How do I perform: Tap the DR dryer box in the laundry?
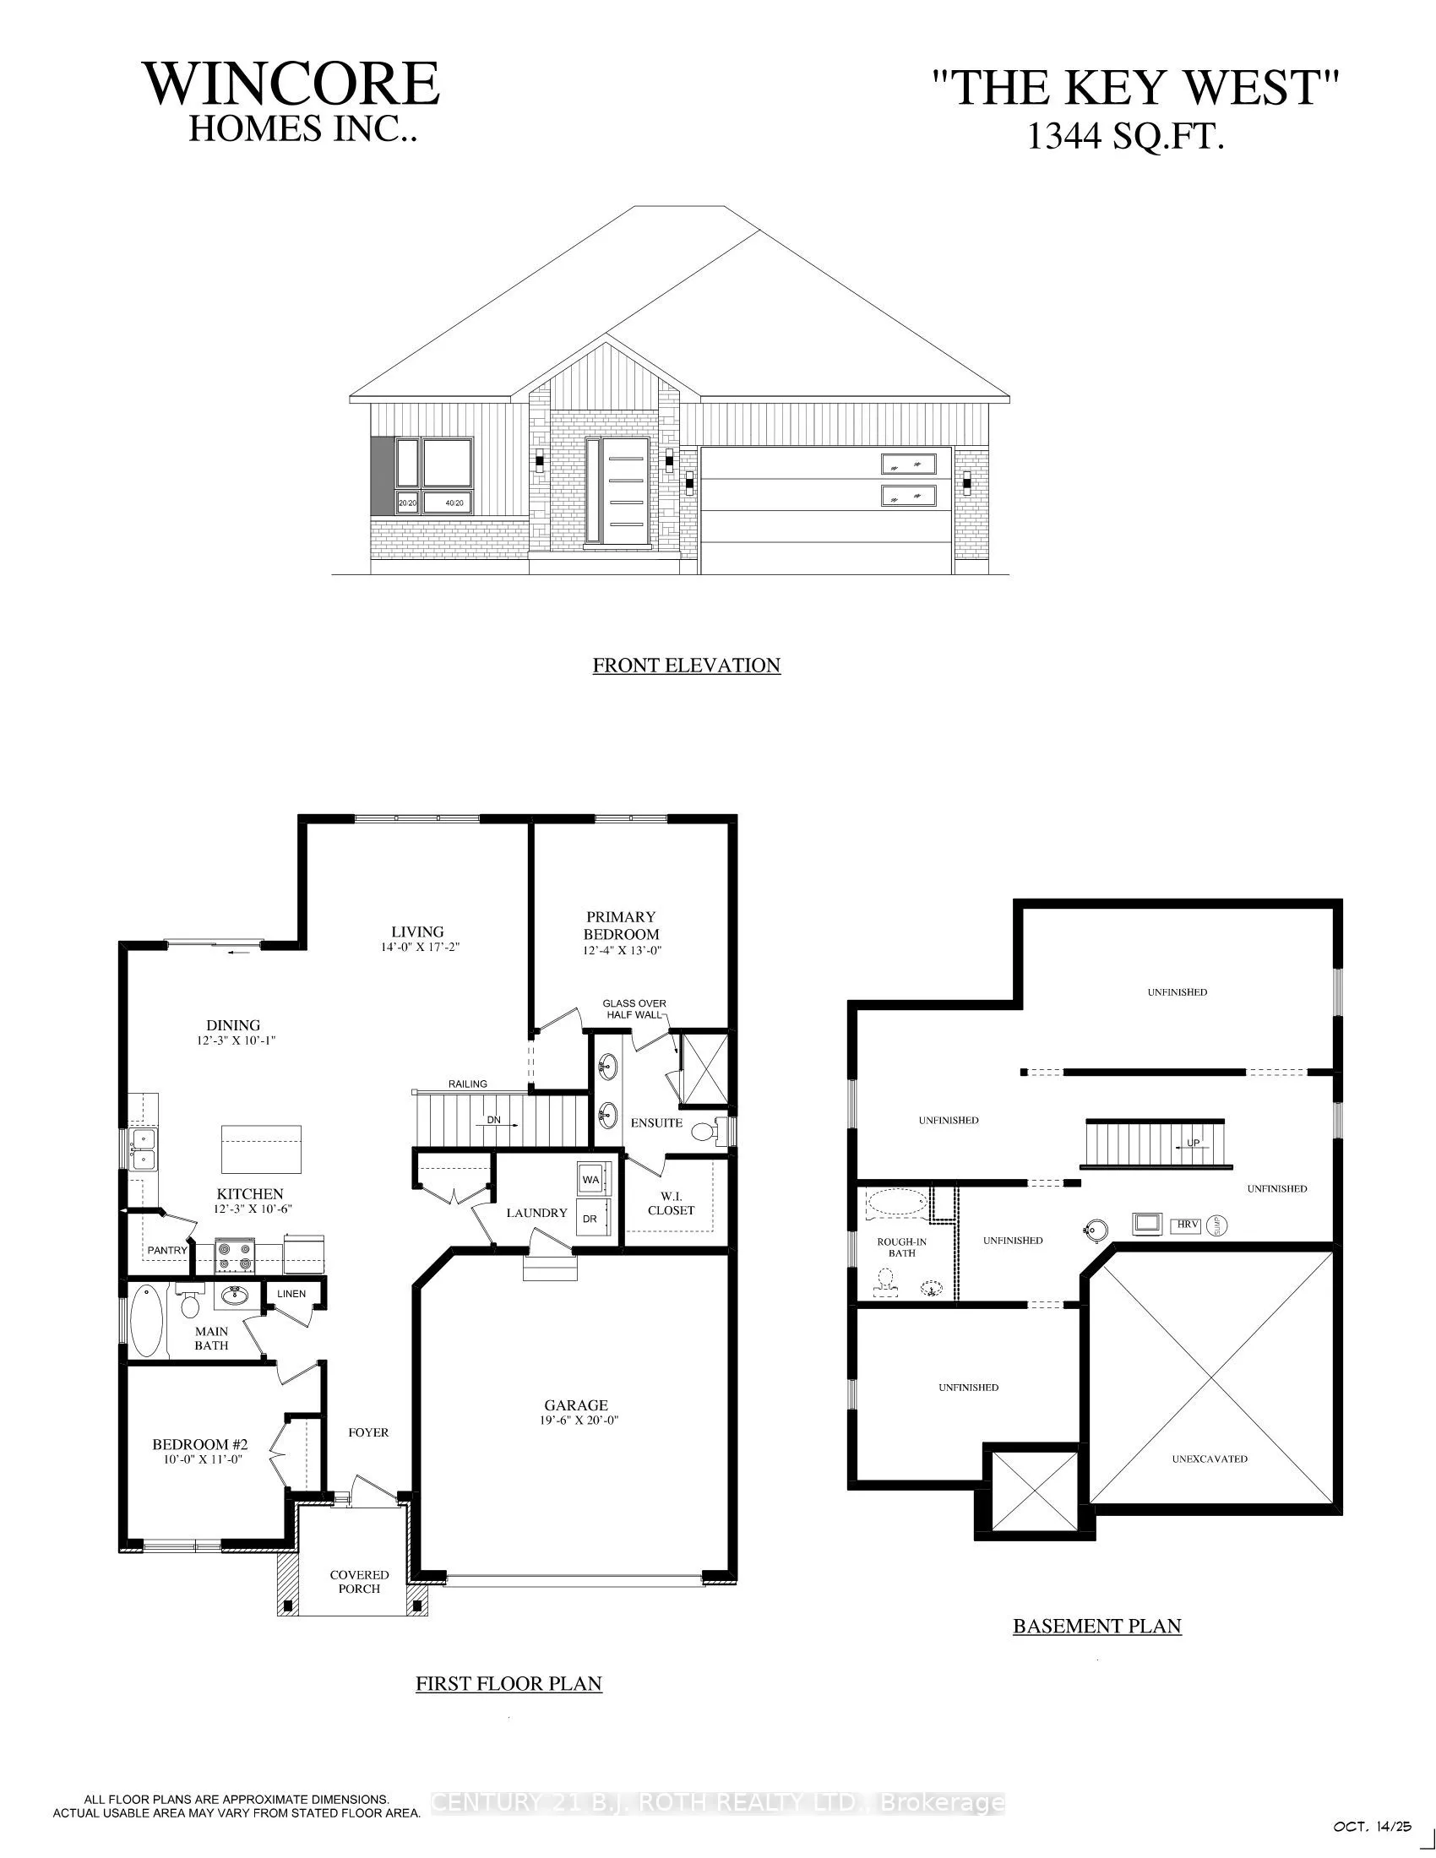[x=590, y=1218]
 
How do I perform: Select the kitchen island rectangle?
[x=261, y=1149]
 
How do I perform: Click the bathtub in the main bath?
[x=144, y=1320]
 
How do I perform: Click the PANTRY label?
[x=166, y=1250]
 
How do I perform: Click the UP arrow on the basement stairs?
[x=1191, y=1144]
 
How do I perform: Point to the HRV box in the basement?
[x=1186, y=1225]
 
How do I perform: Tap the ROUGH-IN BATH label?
[x=902, y=1247]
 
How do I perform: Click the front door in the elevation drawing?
[x=617, y=491]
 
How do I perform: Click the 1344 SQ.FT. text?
[x=1125, y=137]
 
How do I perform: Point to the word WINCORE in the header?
[x=291, y=84]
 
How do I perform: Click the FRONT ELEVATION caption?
[x=686, y=666]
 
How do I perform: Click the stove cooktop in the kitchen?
[x=235, y=1255]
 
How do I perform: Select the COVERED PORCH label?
[x=359, y=1582]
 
